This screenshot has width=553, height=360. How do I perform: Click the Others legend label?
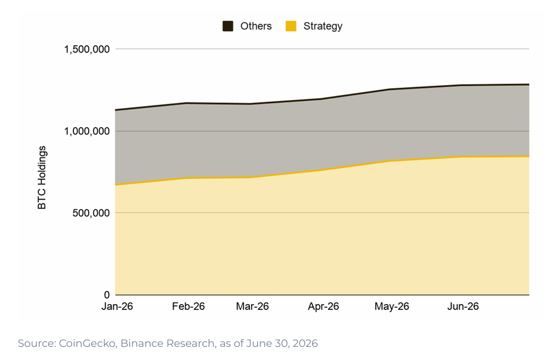pyautogui.click(x=256, y=26)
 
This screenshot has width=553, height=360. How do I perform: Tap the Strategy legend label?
pyautogui.click(x=323, y=26)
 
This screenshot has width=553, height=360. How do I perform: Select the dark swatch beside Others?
pyautogui.click(x=228, y=26)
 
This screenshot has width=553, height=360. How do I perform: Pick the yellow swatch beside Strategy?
pyautogui.click(x=291, y=26)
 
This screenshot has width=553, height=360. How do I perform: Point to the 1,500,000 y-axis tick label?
pyautogui.click(x=86, y=49)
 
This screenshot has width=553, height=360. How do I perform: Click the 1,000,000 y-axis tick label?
pyautogui.click(x=86, y=131)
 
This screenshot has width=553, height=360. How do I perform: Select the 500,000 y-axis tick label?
pyautogui.click(x=91, y=213)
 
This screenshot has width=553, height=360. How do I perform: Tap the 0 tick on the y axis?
pyautogui.click(x=107, y=295)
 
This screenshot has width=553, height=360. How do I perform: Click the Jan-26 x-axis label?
pyautogui.click(x=117, y=306)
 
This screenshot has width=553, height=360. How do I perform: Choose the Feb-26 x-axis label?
pyautogui.click(x=189, y=306)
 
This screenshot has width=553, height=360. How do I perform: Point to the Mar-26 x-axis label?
pyautogui.click(x=252, y=306)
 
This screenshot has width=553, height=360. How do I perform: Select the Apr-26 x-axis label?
pyautogui.click(x=323, y=306)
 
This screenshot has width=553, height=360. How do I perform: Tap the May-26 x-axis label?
pyautogui.click(x=391, y=306)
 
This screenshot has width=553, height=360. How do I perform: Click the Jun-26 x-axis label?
pyautogui.click(x=463, y=306)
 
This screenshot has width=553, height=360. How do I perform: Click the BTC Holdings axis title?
pyautogui.click(x=42, y=178)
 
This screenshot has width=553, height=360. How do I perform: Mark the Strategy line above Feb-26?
pyautogui.click(x=186, y=178)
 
